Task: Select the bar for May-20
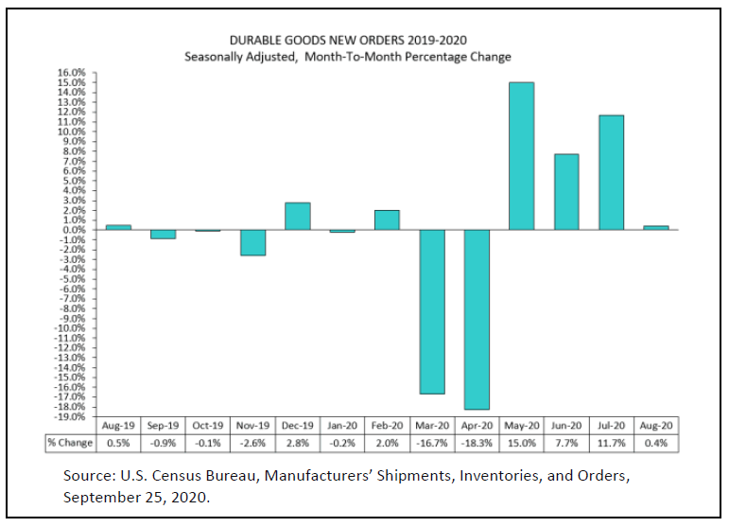click(521, 156)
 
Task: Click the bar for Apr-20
click(476, 319)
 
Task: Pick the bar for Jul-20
click(611, 172)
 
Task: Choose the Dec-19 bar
click(297, 216)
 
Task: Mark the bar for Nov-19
click(252, 242)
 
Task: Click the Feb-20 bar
click(387, 220)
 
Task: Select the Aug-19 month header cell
click(118, 427)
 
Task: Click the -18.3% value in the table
click(477, 443)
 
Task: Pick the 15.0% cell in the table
click(521, 443)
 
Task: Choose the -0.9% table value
click(163, 443)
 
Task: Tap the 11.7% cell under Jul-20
click(611, 443)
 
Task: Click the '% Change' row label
click(69, 443)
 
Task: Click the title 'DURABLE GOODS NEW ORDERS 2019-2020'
click(348, 40)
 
